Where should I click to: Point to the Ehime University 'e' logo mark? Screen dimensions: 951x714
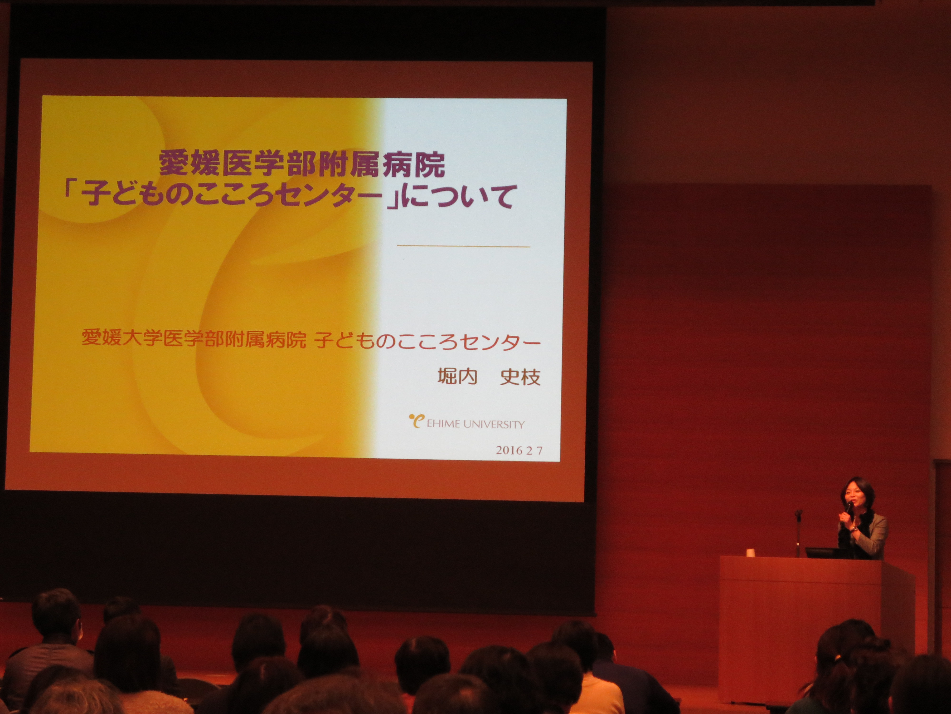coord(416,421)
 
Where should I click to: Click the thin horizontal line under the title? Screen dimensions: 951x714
coord(463,246)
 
